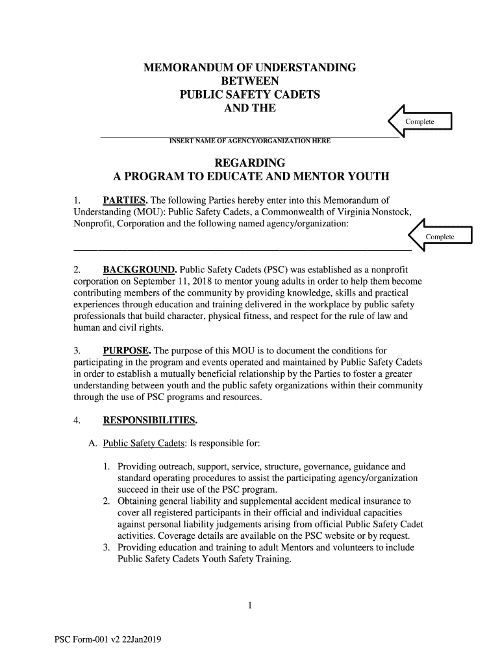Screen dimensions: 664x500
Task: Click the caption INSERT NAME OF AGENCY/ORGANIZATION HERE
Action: [249, 141]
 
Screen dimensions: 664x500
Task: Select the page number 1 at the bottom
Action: [250, 606]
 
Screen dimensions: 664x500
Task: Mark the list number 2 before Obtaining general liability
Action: [106, 501]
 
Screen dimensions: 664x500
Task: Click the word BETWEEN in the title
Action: [250, 81]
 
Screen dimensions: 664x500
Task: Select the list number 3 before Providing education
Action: [106, 548]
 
